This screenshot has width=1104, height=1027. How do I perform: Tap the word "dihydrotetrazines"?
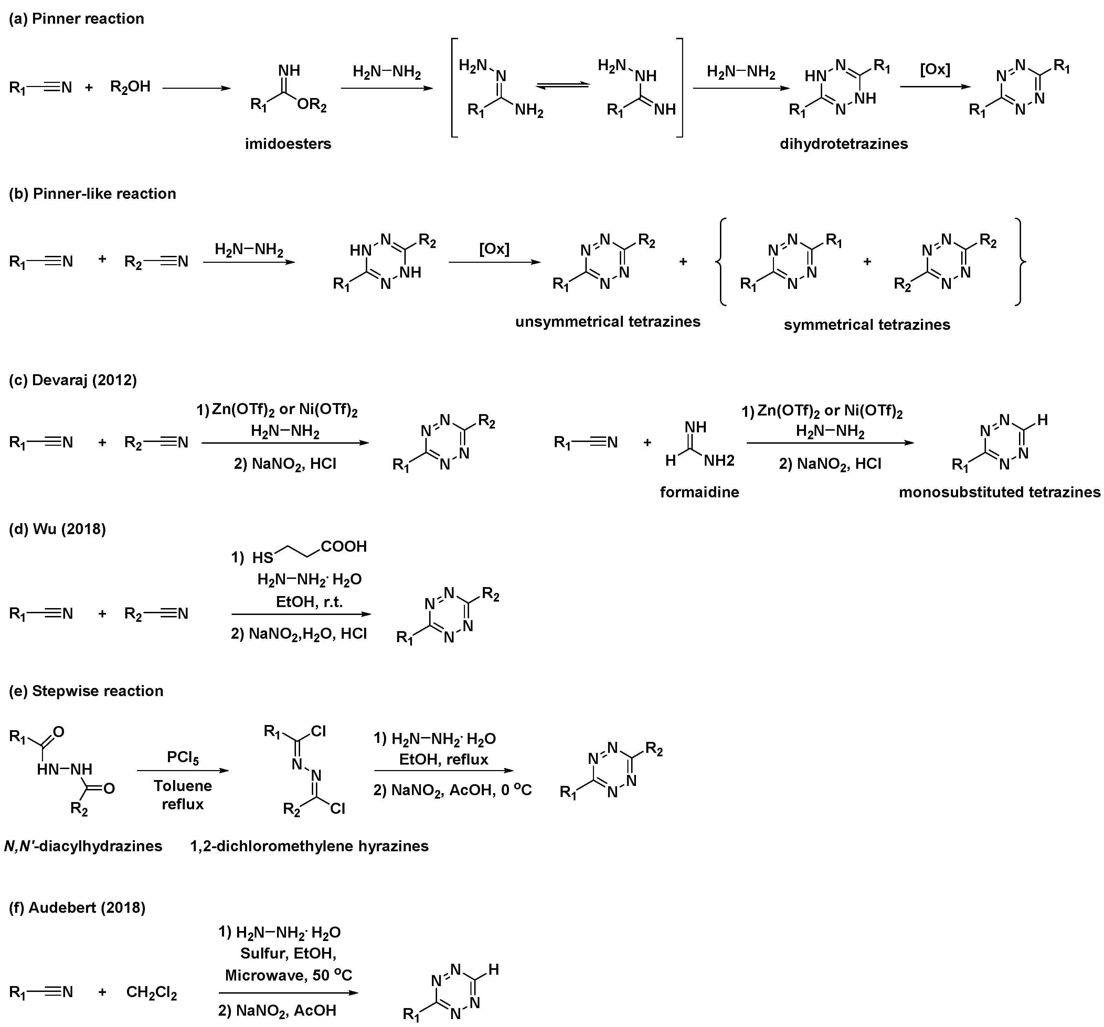843,144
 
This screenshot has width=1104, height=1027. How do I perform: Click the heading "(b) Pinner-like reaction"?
93,193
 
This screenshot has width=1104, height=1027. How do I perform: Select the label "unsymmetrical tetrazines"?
607,322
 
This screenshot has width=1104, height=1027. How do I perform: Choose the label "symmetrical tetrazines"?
867,324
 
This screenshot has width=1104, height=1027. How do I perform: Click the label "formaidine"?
699,492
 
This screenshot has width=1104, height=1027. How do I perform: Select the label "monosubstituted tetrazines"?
999,492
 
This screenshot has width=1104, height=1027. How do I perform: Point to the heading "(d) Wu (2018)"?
57,529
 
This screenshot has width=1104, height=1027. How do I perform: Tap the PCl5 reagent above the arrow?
183,757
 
